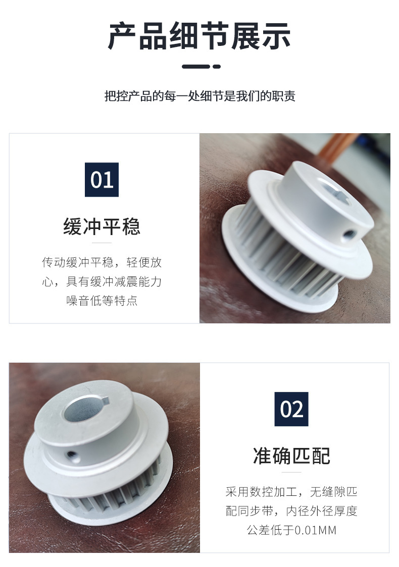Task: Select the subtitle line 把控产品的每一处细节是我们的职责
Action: pos(199,96)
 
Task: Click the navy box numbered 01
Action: pos(102,180)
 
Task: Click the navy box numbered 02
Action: pos(291,409)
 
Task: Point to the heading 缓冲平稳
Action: pos(102,226)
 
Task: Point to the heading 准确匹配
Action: pos(291,456)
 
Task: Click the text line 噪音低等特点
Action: pos(102,301)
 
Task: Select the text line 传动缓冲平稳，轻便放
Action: pos(102,262)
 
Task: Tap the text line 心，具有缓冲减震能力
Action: pos(102,281)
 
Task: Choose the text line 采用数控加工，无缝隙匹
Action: pos(291,492)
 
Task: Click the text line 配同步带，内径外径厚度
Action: pos(291,511)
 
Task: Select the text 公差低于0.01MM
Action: pos(291,530)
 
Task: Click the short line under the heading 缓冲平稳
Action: pos(102,243)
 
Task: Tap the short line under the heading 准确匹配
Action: pos(291,473)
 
